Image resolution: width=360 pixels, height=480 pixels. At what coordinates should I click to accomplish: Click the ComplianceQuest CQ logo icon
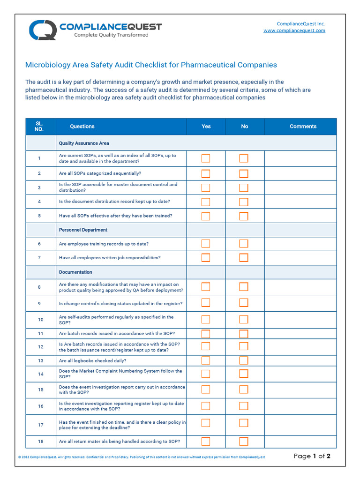(42, 30)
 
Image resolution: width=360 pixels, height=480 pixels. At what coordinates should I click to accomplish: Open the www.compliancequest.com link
(294, 30)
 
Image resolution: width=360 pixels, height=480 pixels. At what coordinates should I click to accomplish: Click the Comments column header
(303, 127)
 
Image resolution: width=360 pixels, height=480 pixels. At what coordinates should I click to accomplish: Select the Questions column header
(82, 127)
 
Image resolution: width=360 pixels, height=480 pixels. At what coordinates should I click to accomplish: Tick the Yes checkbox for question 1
(206, 158)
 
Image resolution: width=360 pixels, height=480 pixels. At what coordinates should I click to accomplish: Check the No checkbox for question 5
(244, 216)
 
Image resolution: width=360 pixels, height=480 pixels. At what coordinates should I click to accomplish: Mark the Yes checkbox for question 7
(206, 257)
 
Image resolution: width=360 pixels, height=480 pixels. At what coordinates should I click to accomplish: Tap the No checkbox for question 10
(244, 320)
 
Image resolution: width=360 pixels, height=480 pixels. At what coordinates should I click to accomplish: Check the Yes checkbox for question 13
(206, 360)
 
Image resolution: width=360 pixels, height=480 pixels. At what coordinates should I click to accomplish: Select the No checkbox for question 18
(244, 442)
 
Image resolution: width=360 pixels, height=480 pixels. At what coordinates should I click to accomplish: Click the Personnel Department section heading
(83, 230)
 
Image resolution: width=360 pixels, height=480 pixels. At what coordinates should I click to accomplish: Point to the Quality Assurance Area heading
(84, 143)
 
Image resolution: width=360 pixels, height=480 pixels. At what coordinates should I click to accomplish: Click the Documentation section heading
(75, 272)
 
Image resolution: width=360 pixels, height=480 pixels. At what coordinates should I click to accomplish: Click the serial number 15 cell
(40, 390)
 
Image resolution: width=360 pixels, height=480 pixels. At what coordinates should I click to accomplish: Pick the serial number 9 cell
(40, 304)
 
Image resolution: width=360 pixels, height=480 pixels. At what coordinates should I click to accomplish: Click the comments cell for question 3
(300, 187)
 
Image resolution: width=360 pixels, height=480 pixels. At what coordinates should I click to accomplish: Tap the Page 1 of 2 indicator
(312, 456)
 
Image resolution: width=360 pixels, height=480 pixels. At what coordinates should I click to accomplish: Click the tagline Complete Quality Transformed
(111, 35)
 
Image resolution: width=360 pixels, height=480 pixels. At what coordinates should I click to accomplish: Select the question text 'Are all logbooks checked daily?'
(92, 361)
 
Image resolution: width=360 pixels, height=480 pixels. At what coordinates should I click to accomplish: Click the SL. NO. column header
(40, 127)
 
